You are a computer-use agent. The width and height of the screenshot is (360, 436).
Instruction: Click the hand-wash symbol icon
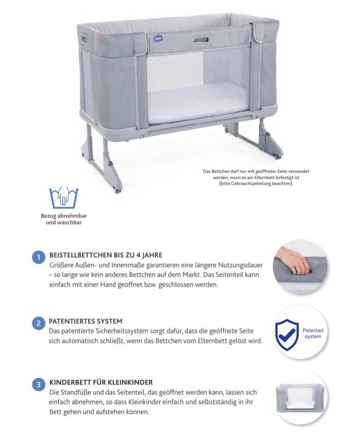64,196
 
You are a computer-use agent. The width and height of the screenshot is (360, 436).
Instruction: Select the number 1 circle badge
39,257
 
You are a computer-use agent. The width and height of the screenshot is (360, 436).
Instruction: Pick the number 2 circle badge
39,324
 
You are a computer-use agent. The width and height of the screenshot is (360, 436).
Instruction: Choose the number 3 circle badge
39,385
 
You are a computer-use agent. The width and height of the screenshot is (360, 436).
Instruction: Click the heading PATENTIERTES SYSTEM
86,321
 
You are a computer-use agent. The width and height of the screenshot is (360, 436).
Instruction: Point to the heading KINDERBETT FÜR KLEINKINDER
101,382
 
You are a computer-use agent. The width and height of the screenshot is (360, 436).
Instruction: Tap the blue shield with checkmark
287,334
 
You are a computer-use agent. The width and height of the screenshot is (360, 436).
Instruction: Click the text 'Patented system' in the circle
313,333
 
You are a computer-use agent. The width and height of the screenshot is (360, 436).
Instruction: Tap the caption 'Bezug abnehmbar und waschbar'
64,219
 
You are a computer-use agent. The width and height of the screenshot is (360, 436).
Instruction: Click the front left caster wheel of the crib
118,190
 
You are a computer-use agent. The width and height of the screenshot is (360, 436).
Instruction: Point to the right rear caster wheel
277,156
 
